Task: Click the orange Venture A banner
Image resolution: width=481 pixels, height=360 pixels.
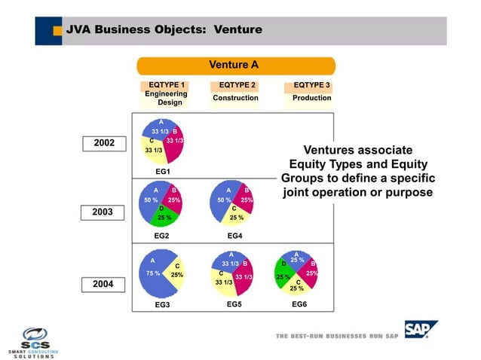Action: click(235, 65)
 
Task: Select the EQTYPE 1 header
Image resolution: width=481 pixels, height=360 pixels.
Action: click(167, 85)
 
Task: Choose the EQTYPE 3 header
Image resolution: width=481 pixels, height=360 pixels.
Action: click(311, 85)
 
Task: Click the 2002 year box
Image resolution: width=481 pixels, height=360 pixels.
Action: click(104, 142)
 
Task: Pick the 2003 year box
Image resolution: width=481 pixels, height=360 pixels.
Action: click(104, 212)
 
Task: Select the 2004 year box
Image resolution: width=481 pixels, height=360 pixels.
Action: click(104, 285)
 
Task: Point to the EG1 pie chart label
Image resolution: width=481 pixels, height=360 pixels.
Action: click(163, 172)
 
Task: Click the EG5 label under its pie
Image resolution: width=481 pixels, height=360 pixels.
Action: click(234, 305)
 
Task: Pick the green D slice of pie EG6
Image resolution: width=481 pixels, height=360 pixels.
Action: click(283, 272)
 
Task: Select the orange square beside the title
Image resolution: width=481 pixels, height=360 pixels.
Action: click(57, 31)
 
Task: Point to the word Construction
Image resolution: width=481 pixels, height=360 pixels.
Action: click(235, 98)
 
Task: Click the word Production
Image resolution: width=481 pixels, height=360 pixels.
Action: click(311, 98)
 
